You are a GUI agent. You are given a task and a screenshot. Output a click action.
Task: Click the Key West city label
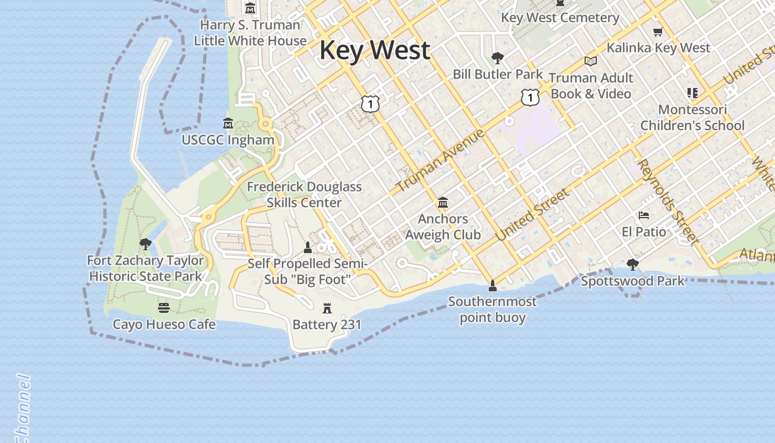click(x=375, y=50)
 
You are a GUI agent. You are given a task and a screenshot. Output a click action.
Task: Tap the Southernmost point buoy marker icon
click(x=492, y=286)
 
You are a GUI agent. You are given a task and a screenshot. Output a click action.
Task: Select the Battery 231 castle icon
click(x=327, y=308)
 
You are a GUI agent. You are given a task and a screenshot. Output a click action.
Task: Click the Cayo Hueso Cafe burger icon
click(x=163, y=307)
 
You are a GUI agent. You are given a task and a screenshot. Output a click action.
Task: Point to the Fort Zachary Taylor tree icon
click(x=146, y=244)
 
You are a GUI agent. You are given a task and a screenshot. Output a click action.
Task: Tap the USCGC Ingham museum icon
click(x=228, y=123)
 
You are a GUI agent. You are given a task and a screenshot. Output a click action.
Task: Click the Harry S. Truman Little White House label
click(x=250, y=33)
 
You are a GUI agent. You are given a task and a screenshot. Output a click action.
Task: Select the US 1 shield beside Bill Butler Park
click(x=530, y=97)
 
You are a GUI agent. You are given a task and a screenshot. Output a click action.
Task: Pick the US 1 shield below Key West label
click(x=370, y=103)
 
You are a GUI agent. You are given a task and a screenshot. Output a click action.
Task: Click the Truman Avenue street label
click(x=441, y=160)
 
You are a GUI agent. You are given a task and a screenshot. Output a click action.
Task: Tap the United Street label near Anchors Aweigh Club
click(x=532, y=214)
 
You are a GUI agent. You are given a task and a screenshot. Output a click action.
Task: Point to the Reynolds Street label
click(x=667, y=202)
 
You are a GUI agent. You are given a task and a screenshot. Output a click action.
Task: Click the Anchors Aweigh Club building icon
click(x=443, y=203)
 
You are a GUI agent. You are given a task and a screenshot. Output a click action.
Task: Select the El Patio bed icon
click(x=643, y=215)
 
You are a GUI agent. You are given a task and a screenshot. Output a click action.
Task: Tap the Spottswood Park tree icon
click(x=633, y=265)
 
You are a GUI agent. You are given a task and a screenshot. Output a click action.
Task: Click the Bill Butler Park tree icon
click(x=497, y=58)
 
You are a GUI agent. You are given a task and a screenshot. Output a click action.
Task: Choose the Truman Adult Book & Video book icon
click(x=591, y=61)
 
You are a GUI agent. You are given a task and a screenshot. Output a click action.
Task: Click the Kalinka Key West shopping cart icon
click(x=658, y=32)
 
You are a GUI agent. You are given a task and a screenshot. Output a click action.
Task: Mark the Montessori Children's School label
click(x=692, y=117)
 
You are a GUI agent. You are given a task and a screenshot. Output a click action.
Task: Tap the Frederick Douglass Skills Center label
click(x=304, y=194)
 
